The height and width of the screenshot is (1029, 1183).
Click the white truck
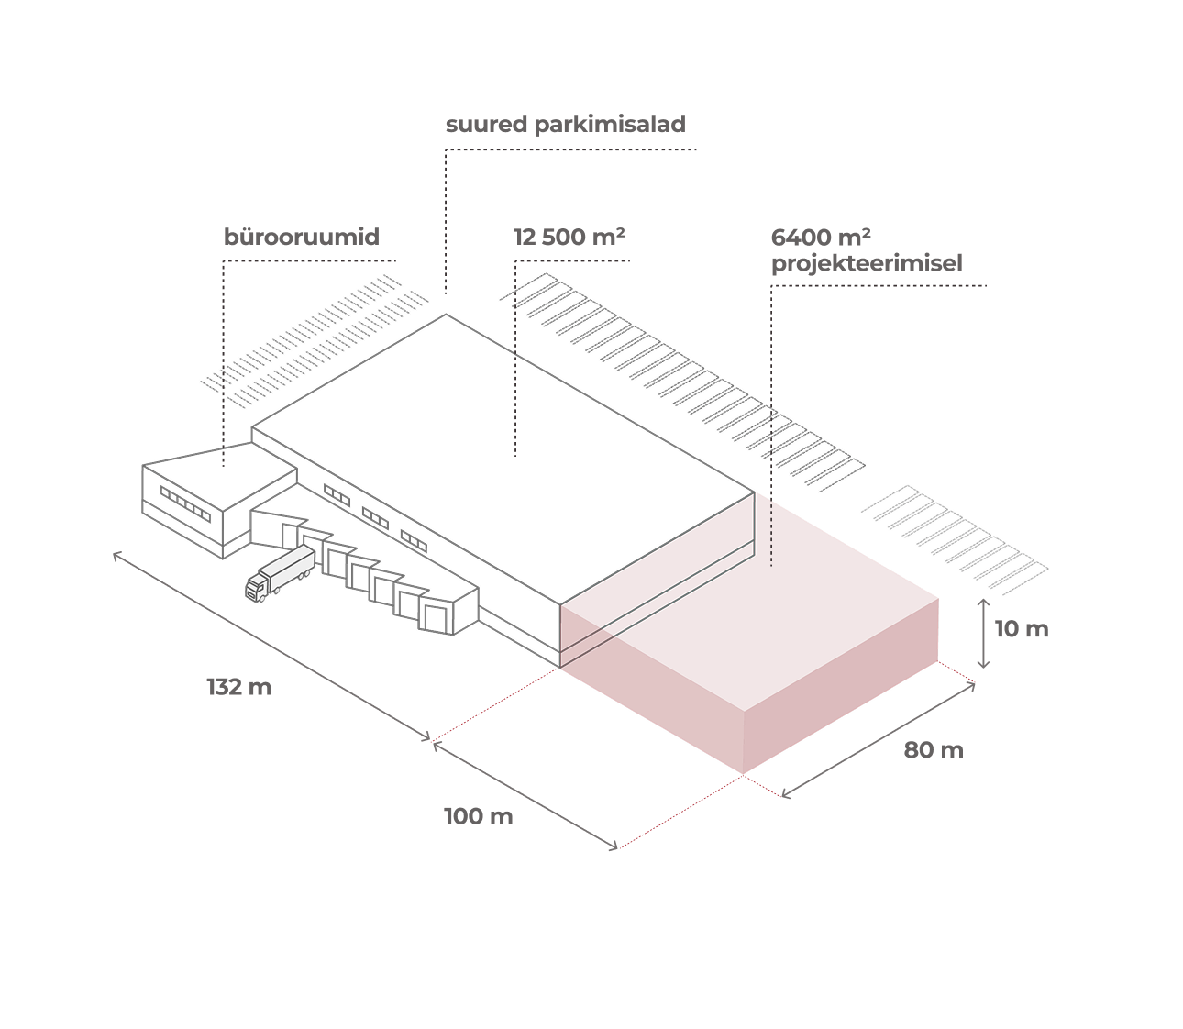pyautogui.click(x=281, y=573)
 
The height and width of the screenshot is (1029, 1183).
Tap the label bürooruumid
pyautogui.click(x=302, y=238)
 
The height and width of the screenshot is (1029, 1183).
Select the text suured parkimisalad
pyautogui.click(x=565, y=125)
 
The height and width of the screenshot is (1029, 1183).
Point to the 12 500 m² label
pyautogui.click(x=569, y=238)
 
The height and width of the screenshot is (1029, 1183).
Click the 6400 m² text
pyautogui.click(x=821, y=238)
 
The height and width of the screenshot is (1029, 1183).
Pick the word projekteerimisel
pyautogui.click(x=867, y=264)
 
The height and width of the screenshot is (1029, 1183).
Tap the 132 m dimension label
pyautogui.click(x=239, y=687)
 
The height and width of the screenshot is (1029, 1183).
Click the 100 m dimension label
pyautogui.click(x=478, y=816)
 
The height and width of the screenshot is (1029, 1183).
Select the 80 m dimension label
pyautogui.click(x=934, y=750)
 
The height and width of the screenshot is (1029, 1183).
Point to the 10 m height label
pyautogui.click(x=1022, y=629)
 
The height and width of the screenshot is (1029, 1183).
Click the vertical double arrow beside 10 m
pyautogui.click(x=983, y=634)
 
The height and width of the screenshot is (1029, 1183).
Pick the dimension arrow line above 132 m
pyautogui.click(x=271, y=646)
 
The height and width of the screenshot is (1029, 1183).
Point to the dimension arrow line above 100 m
pyautogui.click(x=525, y=795)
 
